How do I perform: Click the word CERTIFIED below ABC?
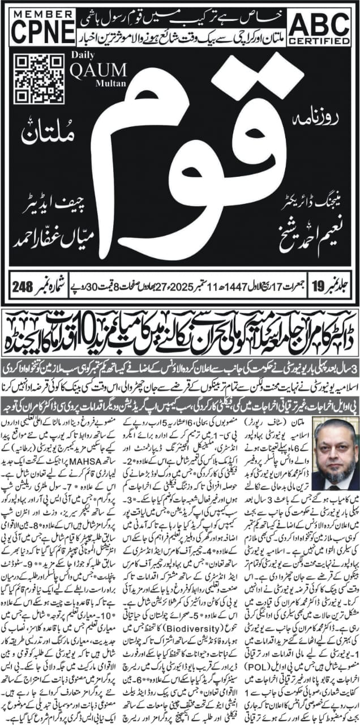(320, 48)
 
